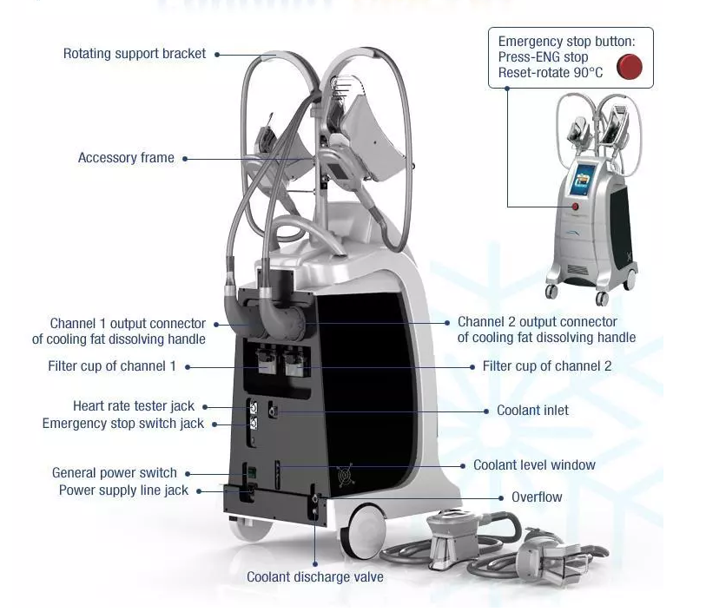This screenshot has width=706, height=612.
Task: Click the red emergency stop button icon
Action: (x=629, y=66)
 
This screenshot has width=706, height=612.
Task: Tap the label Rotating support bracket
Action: (x=135, y=54)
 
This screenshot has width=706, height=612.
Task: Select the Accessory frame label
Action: (x=126, y=158)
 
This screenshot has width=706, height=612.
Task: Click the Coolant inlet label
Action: (x=532, y=410)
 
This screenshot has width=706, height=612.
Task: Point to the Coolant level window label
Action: (x=534, y=465)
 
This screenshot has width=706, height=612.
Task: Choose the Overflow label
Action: (x=537, y=497)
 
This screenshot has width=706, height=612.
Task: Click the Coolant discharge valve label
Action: (x=315, y=576)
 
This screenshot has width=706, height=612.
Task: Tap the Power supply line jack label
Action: (x=123, y=490)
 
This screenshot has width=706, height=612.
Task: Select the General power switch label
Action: (x=115, y=473)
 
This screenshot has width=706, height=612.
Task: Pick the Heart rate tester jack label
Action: (x=134, y=406)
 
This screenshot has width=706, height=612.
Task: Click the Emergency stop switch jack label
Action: (x=123, y=424)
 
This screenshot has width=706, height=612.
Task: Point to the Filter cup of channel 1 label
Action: (x=112, y=366)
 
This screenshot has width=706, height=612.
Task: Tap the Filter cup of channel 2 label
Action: (x=547, y=366)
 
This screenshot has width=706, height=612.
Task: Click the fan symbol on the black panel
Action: (x=344, y=476)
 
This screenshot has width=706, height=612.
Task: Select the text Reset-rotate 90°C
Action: (x=551, y=73)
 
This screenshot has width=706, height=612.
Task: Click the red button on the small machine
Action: (x=574, y=206)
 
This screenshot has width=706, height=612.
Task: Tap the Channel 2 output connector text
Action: (x=538, y=322)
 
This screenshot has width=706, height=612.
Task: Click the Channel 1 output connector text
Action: (x=128, y=324)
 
